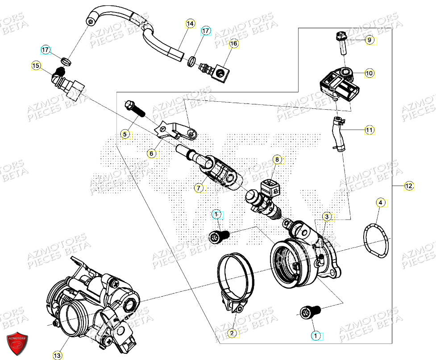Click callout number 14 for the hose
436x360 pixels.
(190, 24)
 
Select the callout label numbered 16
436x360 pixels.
(233, 43)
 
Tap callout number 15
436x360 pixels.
(36, 66)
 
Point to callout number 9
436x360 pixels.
(369, 40)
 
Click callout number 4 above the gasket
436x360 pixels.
(380, 203)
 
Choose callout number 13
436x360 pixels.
(57, 355)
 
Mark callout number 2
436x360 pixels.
(232, 332)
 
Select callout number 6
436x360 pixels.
(151, 153)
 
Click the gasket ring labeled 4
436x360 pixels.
(375, 241)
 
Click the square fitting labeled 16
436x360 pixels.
(220, 71)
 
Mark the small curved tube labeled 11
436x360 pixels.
(337, 133)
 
